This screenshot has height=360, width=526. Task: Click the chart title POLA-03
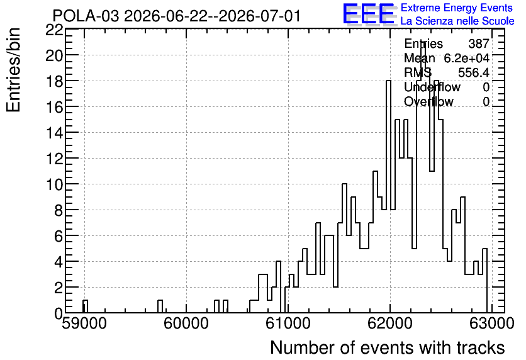(x=86, y=16)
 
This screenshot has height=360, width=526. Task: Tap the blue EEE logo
(x=369, y=14)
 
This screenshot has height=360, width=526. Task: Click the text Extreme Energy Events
(x=457, y=8)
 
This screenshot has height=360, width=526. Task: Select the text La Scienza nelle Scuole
(x=457, y=21)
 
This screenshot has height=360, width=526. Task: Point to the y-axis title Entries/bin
(x=14, y=70)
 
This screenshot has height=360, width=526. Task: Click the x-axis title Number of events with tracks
(x=388, y=347)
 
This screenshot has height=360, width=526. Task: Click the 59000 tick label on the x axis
(x=84, y=323)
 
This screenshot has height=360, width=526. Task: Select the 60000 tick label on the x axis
(x=186, y=323)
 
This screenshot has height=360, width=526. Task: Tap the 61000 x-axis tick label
(x=289, y=323)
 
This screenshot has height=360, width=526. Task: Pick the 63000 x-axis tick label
(x=492, y=323)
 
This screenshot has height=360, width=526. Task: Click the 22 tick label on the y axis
(x=54, y=30)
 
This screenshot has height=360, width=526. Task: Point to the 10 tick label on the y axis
(x=54, y=184)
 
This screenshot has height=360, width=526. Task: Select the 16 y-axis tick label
(x=54, y=107)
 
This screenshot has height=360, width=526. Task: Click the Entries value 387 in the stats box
(x=479, y=43)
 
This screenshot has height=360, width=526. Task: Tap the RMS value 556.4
(x=474, y=72)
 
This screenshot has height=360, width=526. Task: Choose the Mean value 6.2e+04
(x=467, y=58)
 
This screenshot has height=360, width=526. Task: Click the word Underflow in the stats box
(x=432, y=87)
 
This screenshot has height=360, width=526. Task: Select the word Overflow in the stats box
(x=428, y=101)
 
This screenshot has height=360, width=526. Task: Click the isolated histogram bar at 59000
(x=85, y=307)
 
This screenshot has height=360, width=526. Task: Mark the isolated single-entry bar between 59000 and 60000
(x=160, y=307)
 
